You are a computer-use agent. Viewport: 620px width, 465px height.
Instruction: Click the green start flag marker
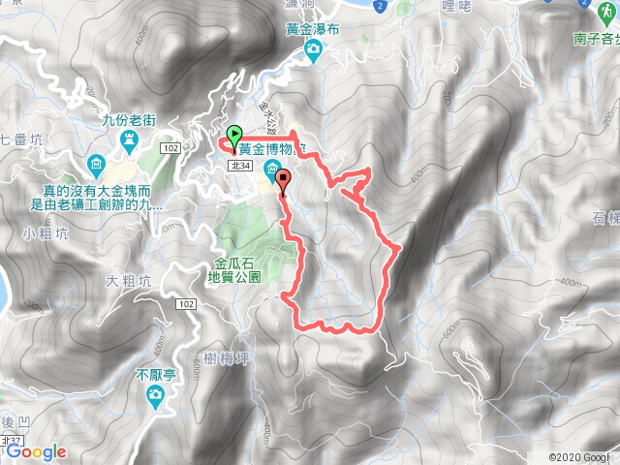point(232,136)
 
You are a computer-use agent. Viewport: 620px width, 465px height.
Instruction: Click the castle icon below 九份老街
point(129,143)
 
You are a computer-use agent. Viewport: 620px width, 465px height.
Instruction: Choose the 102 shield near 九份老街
point(170,147)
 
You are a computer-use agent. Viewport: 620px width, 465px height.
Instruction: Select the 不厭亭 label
point(154,373)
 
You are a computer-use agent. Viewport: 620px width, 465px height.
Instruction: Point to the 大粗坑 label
point(129,282)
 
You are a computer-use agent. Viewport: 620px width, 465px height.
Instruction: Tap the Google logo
point(36,451)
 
